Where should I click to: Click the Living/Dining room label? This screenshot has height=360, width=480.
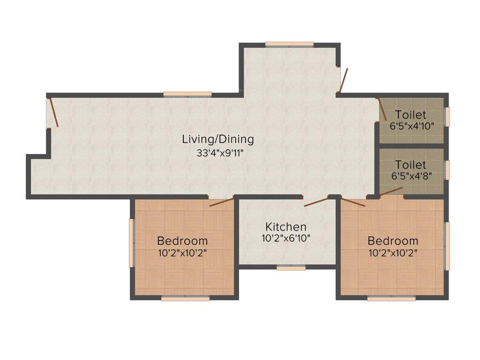[x=218, y=139]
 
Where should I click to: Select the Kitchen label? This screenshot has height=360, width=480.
[x=285, y=226]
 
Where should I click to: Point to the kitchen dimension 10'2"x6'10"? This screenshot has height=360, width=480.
[x=285, y=238]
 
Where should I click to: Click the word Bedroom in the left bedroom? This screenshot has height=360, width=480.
[x=182, y=241]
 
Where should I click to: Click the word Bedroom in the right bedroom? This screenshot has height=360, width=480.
[x=393, y=241]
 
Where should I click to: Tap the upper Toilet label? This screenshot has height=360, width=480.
[x=411, y=115]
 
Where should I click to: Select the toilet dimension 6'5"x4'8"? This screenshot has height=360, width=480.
[x=411, y=176]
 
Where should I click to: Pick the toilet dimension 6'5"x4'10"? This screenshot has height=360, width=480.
[x=411, y=126]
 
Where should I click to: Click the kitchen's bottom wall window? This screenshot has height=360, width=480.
[x=291, y=268]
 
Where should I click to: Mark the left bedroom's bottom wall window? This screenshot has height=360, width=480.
[x=185, y=298]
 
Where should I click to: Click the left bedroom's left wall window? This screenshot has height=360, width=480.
[x=132, y=243]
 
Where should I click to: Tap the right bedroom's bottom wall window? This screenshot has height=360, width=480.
[x=391, y=298]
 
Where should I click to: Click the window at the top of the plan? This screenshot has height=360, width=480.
[x=289, y=45]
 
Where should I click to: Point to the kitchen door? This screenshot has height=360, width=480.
[x=316, y=202]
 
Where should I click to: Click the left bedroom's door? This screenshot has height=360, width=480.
[x=221, y=202]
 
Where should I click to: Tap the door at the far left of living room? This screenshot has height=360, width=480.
[x=53, y=112]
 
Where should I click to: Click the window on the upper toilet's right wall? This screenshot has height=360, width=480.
[x=447, y=117]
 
